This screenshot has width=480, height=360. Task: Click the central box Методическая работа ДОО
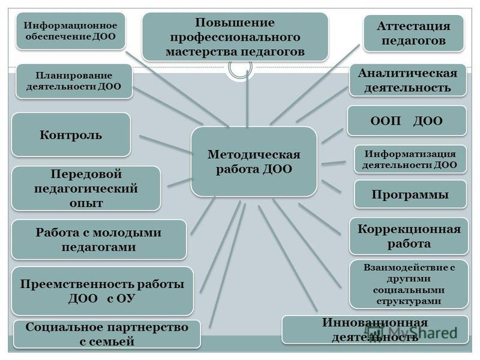pos(254,161)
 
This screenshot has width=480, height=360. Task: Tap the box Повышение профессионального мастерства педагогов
pos(235,37)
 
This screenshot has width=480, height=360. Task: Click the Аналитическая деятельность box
pos(407,80)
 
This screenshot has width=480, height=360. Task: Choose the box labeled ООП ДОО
pos(407,121)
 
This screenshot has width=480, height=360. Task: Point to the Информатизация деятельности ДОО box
pos(410,159)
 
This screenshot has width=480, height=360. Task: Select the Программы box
pos(410,194)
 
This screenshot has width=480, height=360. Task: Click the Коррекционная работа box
pos(409,236)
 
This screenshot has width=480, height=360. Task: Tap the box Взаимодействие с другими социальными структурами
pos(409,283)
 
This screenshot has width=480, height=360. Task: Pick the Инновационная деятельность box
pos(375,329)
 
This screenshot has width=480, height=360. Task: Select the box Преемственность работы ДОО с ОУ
pos(103,291)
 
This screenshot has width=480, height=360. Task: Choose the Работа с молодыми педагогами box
pos(99,240)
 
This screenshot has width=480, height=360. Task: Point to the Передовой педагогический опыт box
pos(86,188)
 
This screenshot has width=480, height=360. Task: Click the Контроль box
pos(71,134)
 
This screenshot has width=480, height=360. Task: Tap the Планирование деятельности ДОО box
pos(73,82)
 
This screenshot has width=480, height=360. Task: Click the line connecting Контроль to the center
pos(165,145)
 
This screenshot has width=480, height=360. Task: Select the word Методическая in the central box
pos(254,154)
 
